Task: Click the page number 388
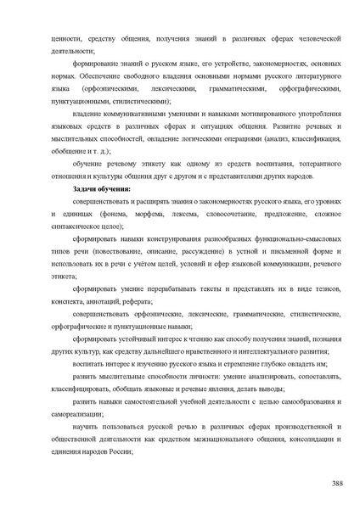pyautogui.click(x=336, y=483)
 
